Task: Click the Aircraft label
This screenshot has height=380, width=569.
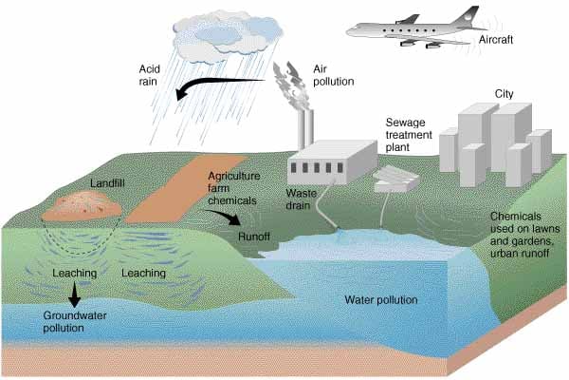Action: pos(496,39)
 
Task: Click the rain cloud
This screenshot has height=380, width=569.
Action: pos(228,38)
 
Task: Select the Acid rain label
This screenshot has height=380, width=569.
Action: pos(149,75)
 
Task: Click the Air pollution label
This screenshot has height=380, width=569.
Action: pos(334,75)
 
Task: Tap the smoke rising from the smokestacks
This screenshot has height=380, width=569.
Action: pos(292,85)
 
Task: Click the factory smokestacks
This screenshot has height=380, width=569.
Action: pos(306,129)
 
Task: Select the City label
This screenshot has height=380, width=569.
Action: pos(505,94)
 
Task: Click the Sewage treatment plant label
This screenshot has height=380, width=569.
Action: pos(409,135)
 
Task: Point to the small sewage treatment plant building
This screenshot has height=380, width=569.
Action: pos(395,179)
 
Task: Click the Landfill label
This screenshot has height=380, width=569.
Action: pos(107,183)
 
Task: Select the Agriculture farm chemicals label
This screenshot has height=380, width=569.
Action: pos(234,188)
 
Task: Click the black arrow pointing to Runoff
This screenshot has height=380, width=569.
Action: pos(225,216)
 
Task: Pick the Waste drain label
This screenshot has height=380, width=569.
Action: pos(301,199)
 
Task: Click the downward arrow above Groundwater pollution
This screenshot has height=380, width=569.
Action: pos(74,294)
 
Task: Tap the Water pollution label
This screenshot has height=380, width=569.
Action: pos(381,299)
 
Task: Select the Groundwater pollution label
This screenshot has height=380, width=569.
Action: pos(74,321)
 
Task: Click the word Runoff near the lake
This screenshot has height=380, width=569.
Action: pos(254,237)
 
